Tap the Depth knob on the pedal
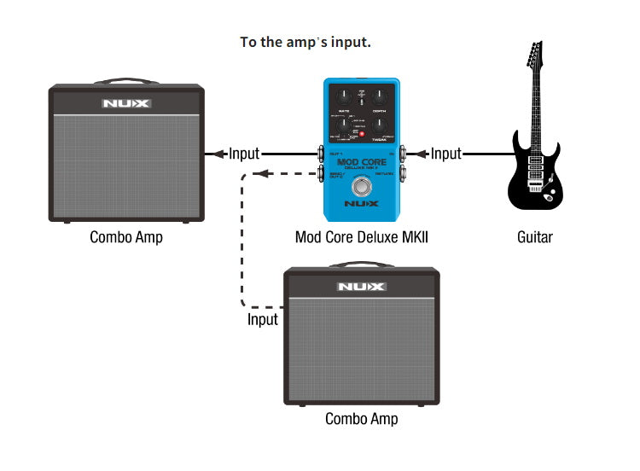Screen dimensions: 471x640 380,96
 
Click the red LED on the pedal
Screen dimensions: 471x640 361,135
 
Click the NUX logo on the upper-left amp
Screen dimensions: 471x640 126,104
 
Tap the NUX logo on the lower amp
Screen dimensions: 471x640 361,287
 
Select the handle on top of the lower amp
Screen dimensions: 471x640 361,265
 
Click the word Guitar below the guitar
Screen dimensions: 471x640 535,237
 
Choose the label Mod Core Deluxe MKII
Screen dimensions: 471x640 361,237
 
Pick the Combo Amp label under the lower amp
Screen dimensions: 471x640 361,419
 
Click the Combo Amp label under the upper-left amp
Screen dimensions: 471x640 126,237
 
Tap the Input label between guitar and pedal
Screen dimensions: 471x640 445,154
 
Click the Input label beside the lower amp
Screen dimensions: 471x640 263,319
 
